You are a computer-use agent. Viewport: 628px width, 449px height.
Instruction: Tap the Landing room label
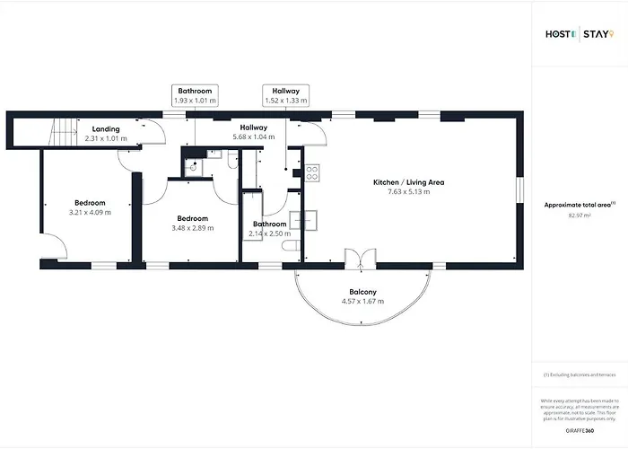106,129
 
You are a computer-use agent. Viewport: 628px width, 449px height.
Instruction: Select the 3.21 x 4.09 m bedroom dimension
90,213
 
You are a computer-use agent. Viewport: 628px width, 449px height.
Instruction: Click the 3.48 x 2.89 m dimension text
192,229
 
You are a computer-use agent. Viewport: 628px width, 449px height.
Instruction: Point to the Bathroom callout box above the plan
195,96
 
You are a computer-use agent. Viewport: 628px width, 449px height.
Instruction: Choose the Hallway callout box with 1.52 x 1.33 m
285,96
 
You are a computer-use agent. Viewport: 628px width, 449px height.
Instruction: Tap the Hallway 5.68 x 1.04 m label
254,136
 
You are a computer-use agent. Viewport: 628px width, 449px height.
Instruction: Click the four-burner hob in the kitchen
312,172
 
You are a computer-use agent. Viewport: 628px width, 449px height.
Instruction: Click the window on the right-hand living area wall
520,190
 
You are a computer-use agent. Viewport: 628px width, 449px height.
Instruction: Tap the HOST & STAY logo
580,35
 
